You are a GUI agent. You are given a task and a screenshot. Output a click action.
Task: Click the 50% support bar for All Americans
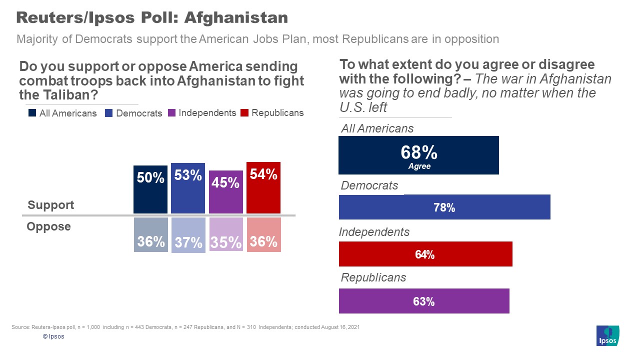(150, 189)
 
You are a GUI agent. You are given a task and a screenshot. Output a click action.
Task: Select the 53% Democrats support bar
(188, 188)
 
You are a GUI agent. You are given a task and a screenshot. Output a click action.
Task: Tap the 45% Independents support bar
(226, 192)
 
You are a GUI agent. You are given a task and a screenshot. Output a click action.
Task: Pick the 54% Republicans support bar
(263, 187)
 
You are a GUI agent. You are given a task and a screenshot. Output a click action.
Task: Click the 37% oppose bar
(188, 235)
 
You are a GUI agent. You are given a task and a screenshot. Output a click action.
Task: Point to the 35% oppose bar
(226, 234)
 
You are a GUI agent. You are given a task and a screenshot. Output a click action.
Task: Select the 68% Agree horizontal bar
(418, 155)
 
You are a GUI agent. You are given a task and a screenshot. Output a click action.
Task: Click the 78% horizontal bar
(444, 207)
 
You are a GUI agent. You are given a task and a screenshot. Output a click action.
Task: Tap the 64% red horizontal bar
(425, 254)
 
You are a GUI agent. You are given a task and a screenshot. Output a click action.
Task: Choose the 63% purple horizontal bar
(424, 301)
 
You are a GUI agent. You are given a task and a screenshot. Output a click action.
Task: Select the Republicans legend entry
(272, 113)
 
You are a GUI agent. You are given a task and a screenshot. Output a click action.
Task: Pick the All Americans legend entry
(62, 113)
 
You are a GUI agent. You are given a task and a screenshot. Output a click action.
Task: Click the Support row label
(50, 205)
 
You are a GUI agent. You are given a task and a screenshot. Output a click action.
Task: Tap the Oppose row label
(48, 226)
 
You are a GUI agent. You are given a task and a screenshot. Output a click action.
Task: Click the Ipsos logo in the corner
(607, 335)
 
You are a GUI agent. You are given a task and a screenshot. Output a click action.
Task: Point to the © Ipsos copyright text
(53, 336)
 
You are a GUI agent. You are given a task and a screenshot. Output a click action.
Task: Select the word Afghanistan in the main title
(236, 17)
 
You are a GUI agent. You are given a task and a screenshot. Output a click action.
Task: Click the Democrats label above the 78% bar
(369, 186)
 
